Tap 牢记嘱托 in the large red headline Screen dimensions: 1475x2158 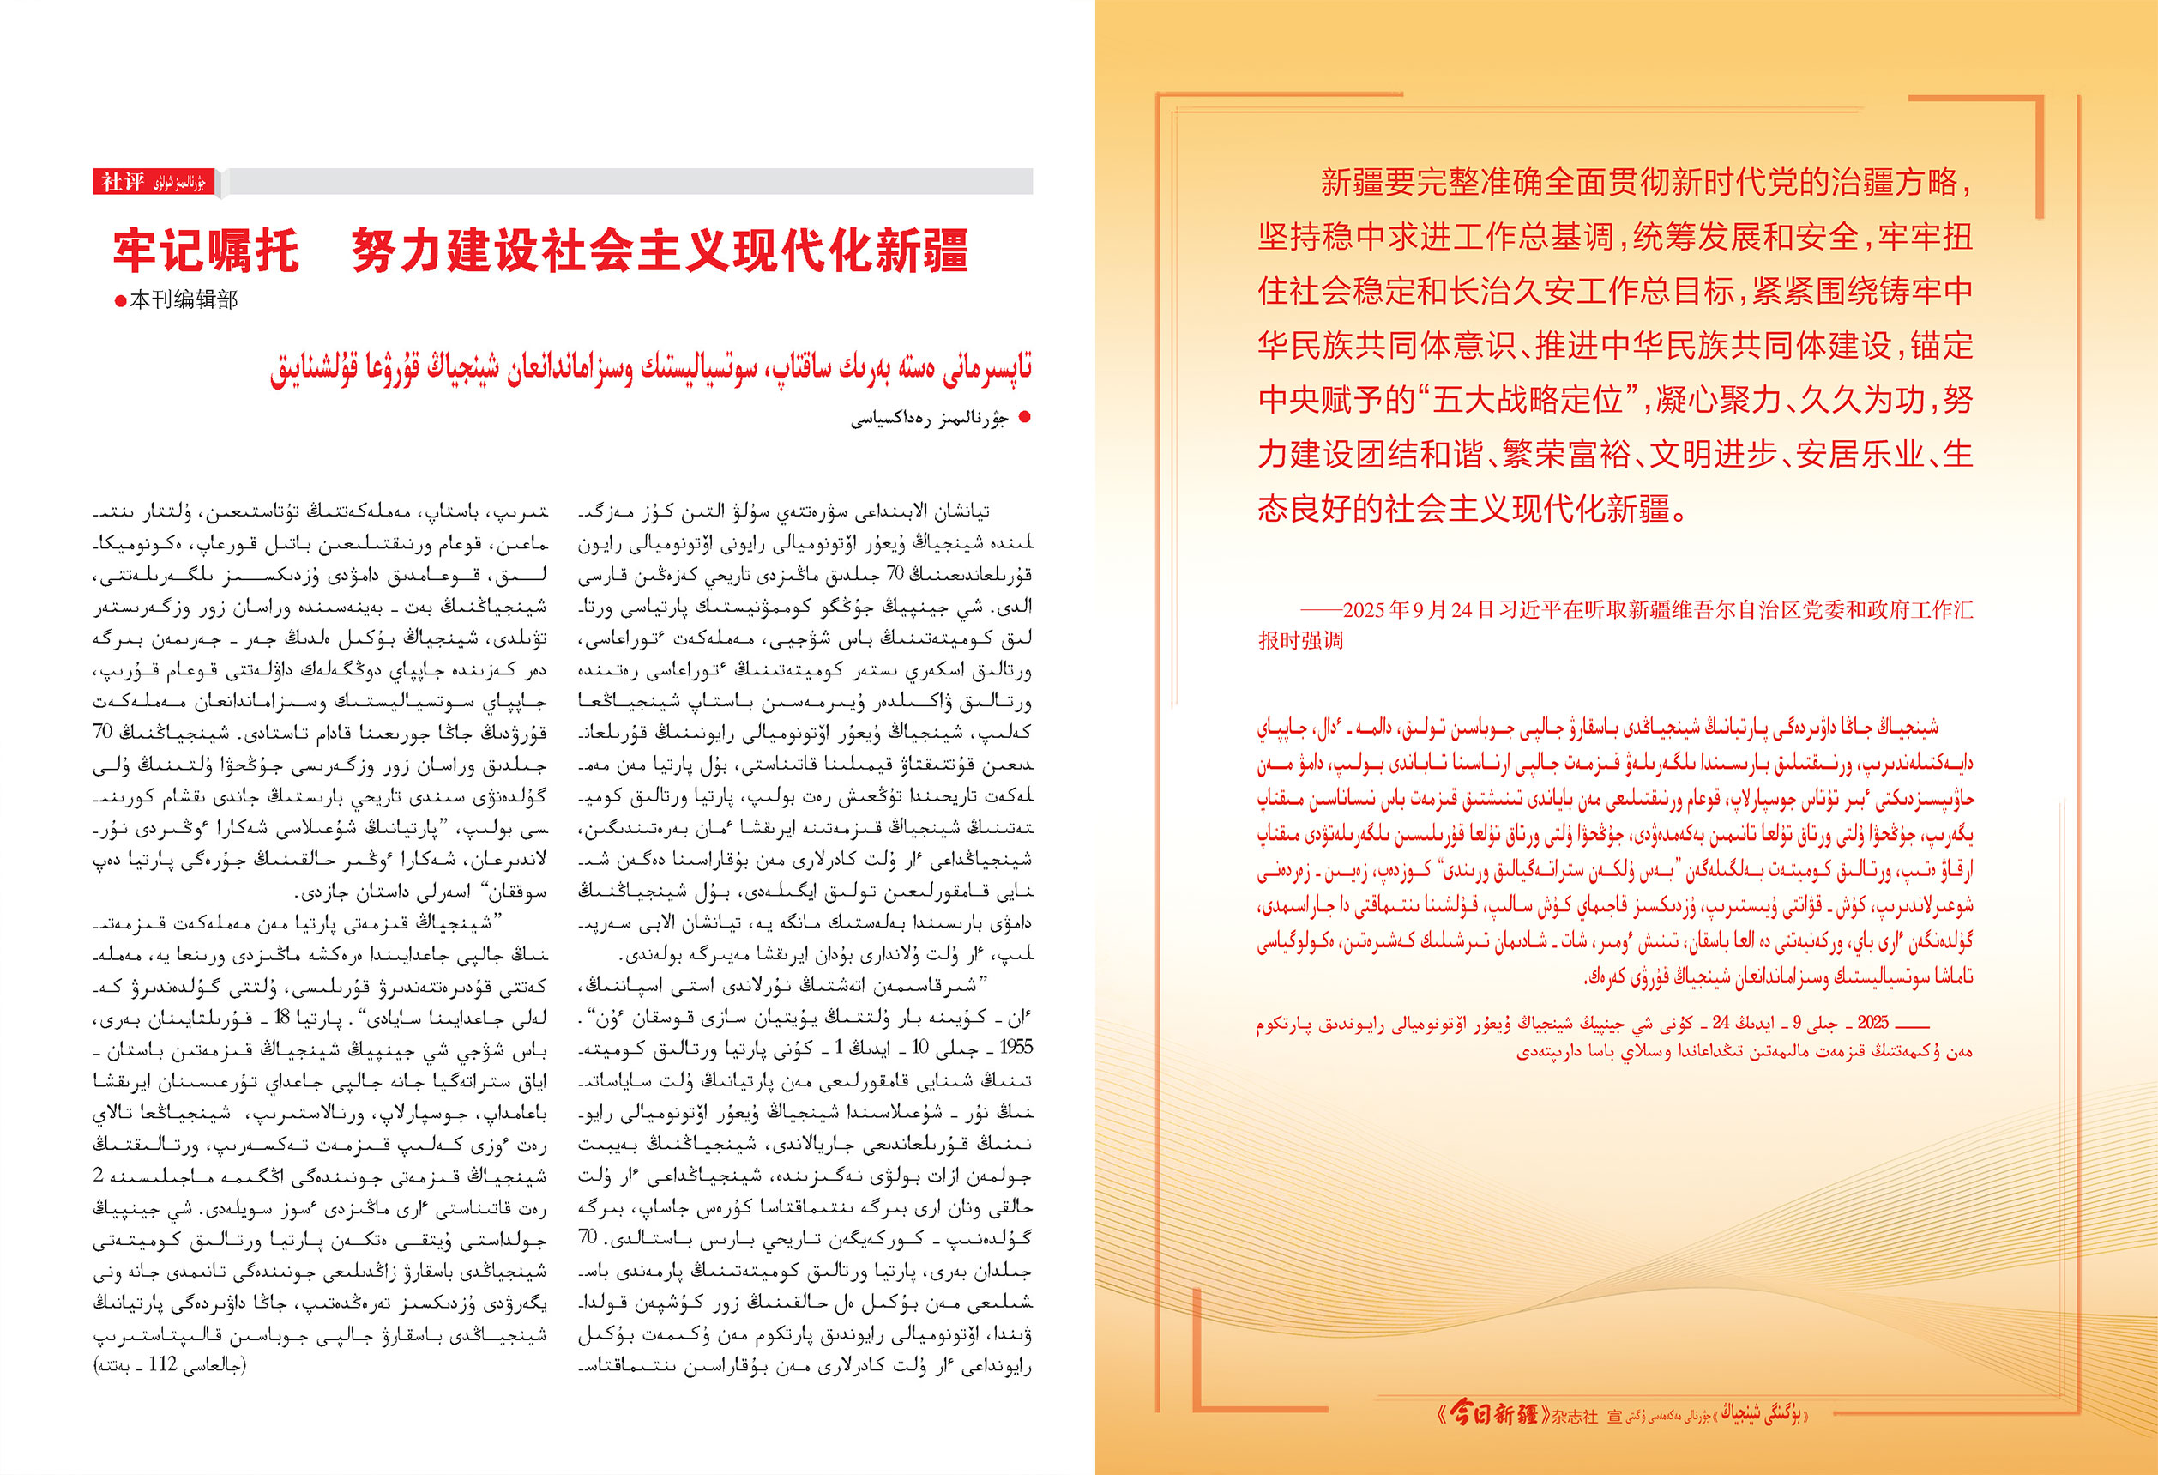206,250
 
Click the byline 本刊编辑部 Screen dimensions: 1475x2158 183,300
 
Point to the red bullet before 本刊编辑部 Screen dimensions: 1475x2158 120,301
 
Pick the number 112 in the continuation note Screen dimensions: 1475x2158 162,1364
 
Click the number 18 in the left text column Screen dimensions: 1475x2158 284,1016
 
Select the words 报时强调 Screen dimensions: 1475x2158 1300,640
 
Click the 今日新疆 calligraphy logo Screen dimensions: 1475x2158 1493,1415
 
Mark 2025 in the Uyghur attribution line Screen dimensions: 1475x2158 1872,1023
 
